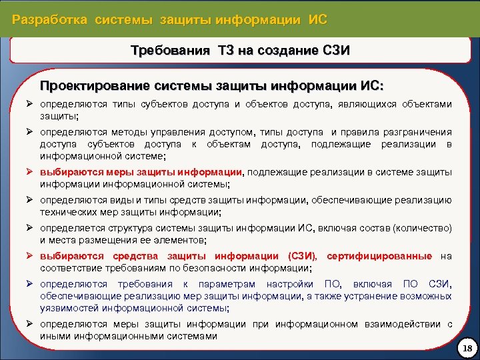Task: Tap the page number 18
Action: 465,349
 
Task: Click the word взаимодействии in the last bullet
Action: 403,325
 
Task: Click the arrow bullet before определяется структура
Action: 30,228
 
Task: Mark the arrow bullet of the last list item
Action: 30,325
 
